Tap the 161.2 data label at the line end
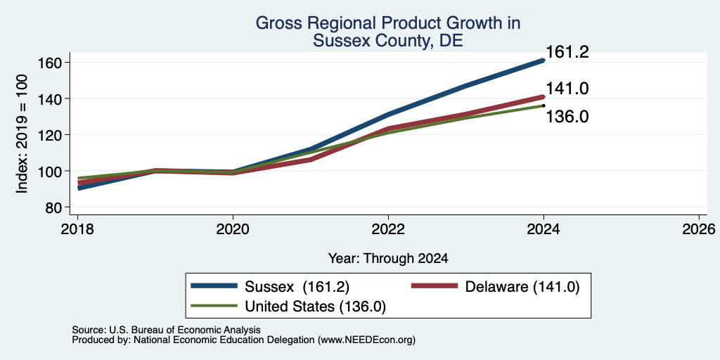[567, 52]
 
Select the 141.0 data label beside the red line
[567, 89]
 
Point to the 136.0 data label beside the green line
[567, 117]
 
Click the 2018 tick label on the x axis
[78, 229]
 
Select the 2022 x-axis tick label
[388, 229]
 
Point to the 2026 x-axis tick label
[699, 229]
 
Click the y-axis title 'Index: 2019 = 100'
[22, 134]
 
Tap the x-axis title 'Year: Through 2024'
[388, 259]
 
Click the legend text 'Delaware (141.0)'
[522, 287]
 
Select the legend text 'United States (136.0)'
[315, 307]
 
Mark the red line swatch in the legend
[435, 286]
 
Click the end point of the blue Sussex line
[544, 60]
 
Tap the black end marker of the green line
[544, 105]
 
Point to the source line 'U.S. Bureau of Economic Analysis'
[185, 330]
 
